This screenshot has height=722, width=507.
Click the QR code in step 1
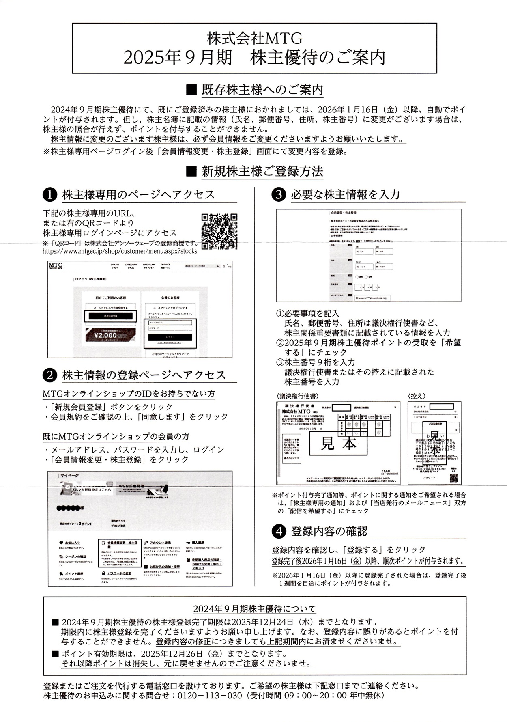point(219,231)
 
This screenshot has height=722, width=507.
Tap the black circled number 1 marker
point(49,195)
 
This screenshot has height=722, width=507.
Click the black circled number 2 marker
point(49,375)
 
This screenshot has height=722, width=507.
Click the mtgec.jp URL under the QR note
point(120,251)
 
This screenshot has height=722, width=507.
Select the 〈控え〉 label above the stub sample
point(417,396)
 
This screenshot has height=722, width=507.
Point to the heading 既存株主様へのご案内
point(262,90)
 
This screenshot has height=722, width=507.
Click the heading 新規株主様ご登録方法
point(262,171)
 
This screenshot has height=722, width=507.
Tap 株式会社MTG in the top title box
point(255,39)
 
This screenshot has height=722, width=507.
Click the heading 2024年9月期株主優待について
point(254,609)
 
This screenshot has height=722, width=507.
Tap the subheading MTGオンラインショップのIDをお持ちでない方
point(129,394)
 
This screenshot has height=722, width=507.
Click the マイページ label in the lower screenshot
point(69,476)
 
